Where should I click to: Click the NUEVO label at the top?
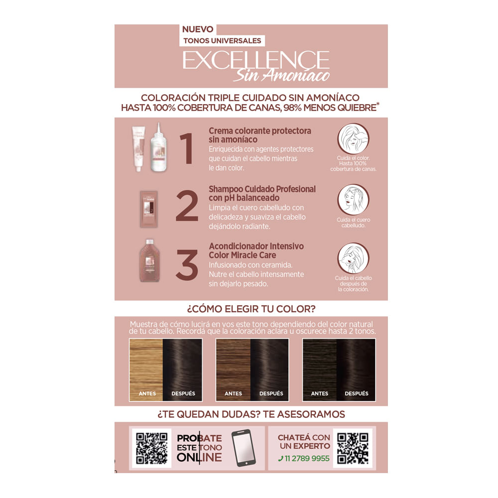[198, 29]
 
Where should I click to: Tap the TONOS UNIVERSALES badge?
[222, 41]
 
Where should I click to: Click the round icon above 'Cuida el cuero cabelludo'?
[354, 199]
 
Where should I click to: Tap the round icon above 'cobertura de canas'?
[354, 138]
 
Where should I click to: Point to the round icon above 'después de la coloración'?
[354, 258]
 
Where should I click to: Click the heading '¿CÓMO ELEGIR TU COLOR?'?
[251, 308]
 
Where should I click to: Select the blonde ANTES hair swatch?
[146, 366]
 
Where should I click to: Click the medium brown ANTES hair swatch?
[233, 366]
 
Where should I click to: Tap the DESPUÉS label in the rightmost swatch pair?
[357, 393]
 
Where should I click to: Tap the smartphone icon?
[241, 448]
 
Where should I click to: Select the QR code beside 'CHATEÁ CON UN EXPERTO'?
[353, 447]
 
